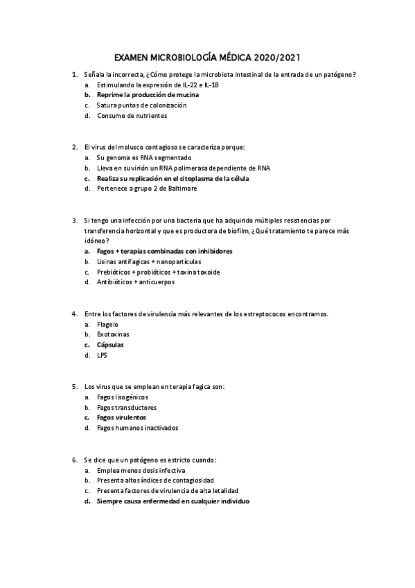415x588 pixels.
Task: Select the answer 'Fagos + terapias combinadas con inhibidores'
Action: coord(164,251)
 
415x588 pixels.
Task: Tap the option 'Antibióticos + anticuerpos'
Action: coord(136,282)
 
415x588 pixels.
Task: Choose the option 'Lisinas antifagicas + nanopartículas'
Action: coord(149,261)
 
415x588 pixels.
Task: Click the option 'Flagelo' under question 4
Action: coord(108,324)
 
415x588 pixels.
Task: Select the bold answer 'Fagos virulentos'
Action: coord(121,418)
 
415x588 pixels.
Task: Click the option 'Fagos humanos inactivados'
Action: coord(137,428)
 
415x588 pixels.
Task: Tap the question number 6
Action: coord(74,460)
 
